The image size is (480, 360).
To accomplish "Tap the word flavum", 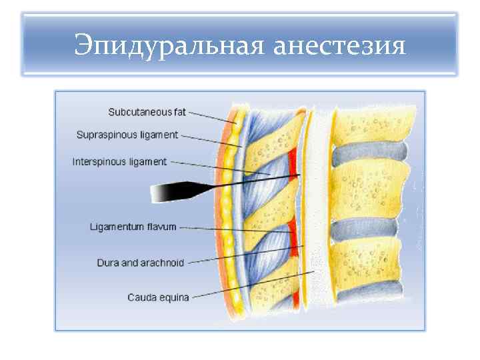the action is tap(160, 227).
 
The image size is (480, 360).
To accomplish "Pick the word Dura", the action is tap(109, 263).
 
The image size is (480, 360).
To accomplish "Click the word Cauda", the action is tap(142, 297).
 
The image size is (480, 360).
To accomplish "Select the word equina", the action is tap(175, 297).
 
